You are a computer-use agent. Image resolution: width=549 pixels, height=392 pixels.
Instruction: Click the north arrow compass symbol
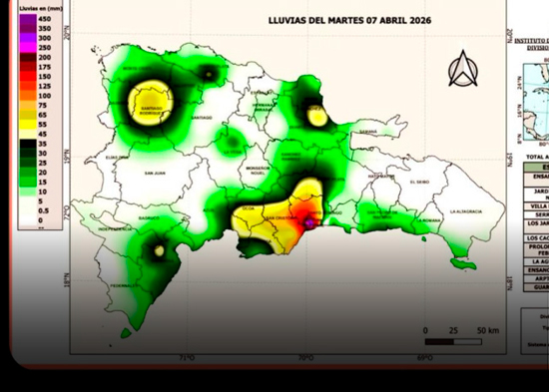(460, 69)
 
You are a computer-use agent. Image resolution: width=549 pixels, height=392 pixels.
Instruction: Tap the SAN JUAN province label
(154, 172)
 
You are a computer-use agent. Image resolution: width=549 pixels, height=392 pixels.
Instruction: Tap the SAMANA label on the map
(369, 131)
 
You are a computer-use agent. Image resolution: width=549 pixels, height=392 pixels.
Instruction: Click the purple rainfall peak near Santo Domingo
(308, 224)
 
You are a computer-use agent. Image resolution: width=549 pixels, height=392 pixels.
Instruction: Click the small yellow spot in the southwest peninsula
(159, 251)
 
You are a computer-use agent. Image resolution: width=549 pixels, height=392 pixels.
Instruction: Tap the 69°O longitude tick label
(424, 357)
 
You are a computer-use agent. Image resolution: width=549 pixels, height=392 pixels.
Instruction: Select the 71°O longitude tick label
(186, 357)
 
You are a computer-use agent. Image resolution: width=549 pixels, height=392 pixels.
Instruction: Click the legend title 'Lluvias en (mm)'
(39, 7)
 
